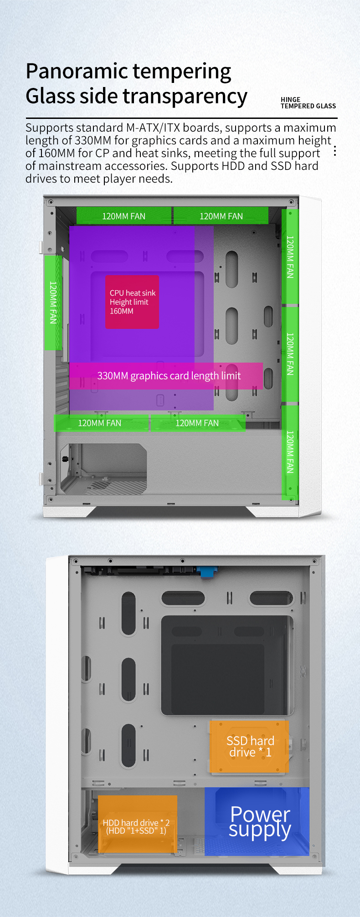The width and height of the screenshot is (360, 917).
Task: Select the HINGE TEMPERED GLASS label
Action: click(308, 103)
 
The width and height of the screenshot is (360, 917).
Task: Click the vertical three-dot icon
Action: click(335, 151)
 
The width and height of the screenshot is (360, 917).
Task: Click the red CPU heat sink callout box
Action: click(132, 302)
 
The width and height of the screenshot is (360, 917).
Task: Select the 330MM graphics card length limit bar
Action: click(166, 376)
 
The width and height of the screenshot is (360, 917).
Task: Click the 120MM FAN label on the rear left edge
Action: click(53, 302)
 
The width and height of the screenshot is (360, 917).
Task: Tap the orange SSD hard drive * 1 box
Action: click(249, 746)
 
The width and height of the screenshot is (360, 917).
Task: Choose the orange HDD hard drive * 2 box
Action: click(138, 824)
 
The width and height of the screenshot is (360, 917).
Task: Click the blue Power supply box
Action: click(257, 821)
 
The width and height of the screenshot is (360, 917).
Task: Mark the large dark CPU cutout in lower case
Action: click(227, 665)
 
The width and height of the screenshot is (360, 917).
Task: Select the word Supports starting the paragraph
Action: click(50, 128)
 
